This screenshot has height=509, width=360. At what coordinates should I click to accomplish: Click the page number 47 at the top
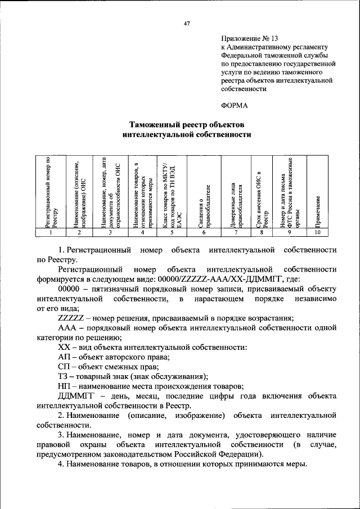tap(187, 24)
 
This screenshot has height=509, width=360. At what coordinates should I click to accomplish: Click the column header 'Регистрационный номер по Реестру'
tap(51, 191)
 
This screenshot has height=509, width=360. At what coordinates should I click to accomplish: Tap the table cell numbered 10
tap(318, 232)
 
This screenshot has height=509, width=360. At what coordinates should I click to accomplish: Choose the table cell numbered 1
tap(51, 232)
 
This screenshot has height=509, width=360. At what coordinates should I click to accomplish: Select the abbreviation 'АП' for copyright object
tap(64, 357)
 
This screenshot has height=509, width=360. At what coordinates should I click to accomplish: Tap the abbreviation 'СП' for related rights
tap(64, 367)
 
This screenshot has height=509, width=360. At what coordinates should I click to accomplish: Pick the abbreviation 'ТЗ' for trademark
tap(64, 376)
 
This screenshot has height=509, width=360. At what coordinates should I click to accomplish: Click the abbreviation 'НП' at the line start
tap(64, 386)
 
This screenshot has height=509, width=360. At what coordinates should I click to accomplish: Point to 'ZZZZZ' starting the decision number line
tap(71, 318)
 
